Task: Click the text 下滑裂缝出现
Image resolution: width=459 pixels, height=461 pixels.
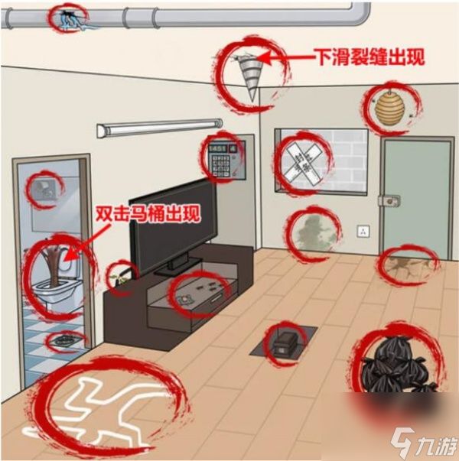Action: tap(369, 57)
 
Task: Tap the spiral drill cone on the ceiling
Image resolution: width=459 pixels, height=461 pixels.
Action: tap(246, 72)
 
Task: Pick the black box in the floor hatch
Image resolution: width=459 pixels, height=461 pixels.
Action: tap(284, 342)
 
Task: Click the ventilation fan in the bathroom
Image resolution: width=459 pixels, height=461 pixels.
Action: tap(42, 190)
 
